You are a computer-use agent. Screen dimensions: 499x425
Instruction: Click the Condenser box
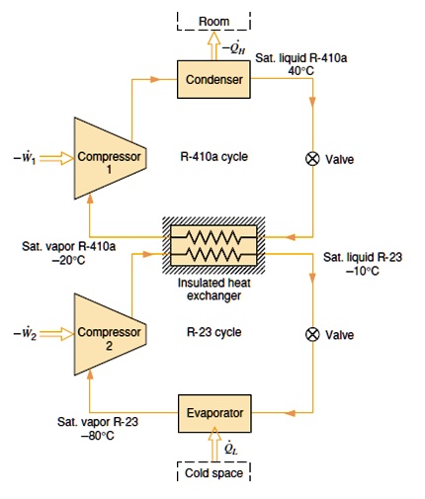coord(212,80)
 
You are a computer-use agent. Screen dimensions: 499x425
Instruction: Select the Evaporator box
coord(212,410)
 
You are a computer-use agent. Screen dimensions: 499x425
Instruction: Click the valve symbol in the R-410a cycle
coord(313,159)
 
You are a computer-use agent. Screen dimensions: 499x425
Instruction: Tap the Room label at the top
coord(213,22)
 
